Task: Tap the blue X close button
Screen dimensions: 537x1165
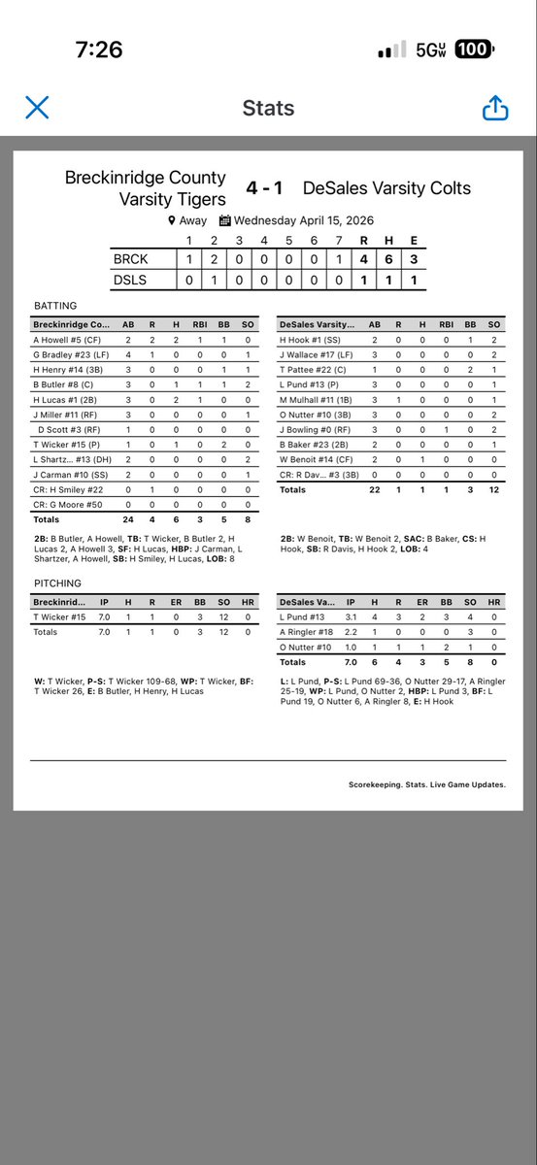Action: click(37, 107)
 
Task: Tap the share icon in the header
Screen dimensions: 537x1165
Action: click(495, 107)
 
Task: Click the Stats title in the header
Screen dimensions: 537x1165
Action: click(268, 107)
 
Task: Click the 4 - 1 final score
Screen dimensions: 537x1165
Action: click(264, 187)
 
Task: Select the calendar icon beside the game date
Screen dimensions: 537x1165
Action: click(224, 220)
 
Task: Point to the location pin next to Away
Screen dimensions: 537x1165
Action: click(171, 220)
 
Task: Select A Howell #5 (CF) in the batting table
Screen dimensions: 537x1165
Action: click(66, 340)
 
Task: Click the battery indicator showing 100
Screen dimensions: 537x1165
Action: click(474, 50)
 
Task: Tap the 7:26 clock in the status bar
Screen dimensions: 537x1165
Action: click(99, 50)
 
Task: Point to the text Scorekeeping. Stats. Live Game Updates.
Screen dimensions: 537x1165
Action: click(426, 784)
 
